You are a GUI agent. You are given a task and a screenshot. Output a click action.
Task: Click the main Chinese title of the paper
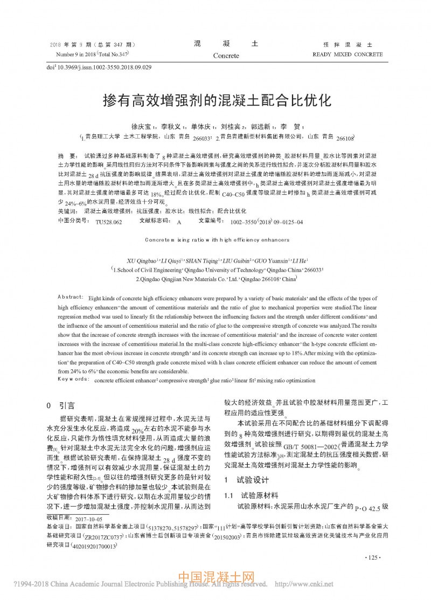click(x=215, y=100)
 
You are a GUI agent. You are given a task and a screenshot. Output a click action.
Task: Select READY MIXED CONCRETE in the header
click(x=347, y=54)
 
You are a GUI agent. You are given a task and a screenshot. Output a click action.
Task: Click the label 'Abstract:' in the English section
click(x=69, y=298)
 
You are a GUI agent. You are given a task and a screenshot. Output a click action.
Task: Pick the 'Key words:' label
click(x=73, y=380)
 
